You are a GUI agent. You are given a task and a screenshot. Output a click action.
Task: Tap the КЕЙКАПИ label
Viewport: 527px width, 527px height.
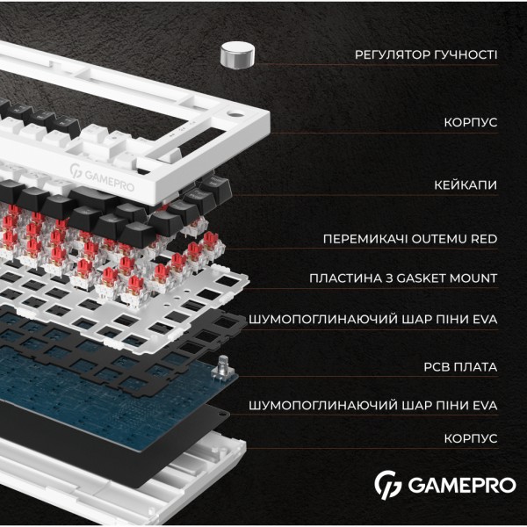click(x=466, y=186)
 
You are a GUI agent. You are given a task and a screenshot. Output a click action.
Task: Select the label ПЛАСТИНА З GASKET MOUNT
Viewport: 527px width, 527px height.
click(x=403, y=278)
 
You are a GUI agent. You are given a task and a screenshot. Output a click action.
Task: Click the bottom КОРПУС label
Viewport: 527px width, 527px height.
click(x=470, y=437)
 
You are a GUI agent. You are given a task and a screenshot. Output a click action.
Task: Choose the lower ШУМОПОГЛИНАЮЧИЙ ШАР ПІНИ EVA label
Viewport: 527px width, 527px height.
click(x=373, y=405)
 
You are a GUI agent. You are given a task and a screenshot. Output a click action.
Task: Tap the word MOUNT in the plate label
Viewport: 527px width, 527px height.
click(x=475, y=278)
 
